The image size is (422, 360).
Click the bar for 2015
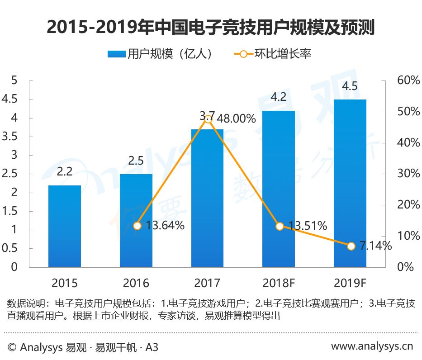coord(65,226)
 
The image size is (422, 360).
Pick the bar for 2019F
coord(350,183)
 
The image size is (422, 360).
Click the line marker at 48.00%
coord(208,119)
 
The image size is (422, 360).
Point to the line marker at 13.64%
coord(137,226)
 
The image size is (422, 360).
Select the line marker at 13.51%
coord(280,226)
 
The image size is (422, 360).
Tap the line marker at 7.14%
coord(351,246)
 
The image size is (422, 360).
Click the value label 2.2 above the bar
coord(65,172)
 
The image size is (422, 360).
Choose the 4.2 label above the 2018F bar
coord(279,97)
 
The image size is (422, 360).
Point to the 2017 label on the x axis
coord(207,284)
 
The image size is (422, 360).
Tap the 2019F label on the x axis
coord(350,284)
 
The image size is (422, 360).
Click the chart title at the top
coord(211,28)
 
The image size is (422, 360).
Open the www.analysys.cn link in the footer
coord(372,346)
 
